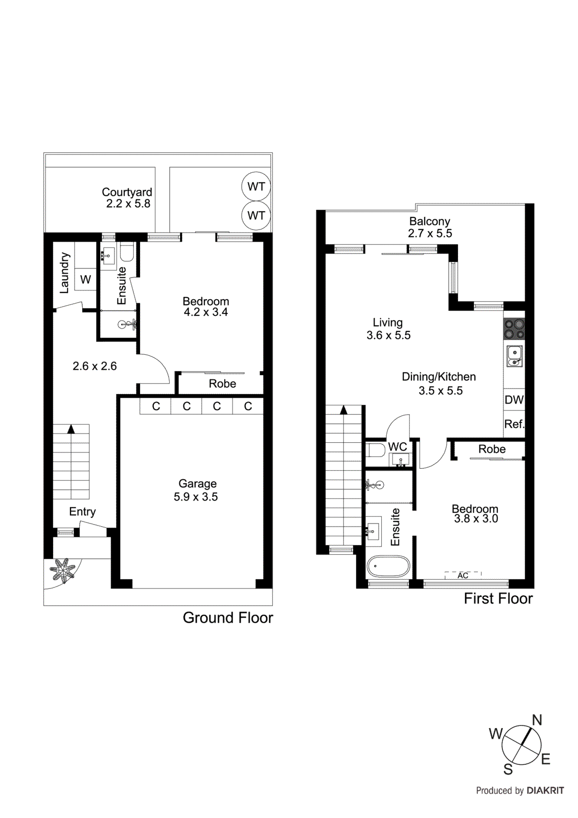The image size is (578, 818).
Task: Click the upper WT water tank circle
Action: (x=256, y=187)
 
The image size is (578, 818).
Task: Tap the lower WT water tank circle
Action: (x=256, y=215)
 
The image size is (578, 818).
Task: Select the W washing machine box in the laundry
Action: (x=85, y=280)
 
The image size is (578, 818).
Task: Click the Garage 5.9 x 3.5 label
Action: (x=196, y=490)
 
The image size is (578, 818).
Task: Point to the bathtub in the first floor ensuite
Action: (x=388, y=566)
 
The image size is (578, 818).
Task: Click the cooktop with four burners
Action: (x=514, y=329)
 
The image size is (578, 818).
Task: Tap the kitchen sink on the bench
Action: (x=514, y=356)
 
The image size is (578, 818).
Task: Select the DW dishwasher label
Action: (x=514, y=400)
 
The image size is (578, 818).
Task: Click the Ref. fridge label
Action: (x=514, y=424)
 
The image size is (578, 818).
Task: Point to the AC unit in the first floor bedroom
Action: (x=463, y=575)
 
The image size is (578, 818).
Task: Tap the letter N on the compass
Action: (x=537, y=720)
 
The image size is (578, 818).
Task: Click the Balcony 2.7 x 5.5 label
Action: (x=429, y=228)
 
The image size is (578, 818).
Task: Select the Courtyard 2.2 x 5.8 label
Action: (x=127, y=198)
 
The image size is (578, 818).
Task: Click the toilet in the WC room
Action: (x=376, y=450)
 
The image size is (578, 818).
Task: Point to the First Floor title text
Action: (x=498, y=599)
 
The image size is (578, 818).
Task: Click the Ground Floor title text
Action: (x=228, y=618)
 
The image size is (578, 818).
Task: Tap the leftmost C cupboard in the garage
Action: (x=156, y=406)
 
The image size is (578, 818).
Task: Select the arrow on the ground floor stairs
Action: (x=71, y=429)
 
